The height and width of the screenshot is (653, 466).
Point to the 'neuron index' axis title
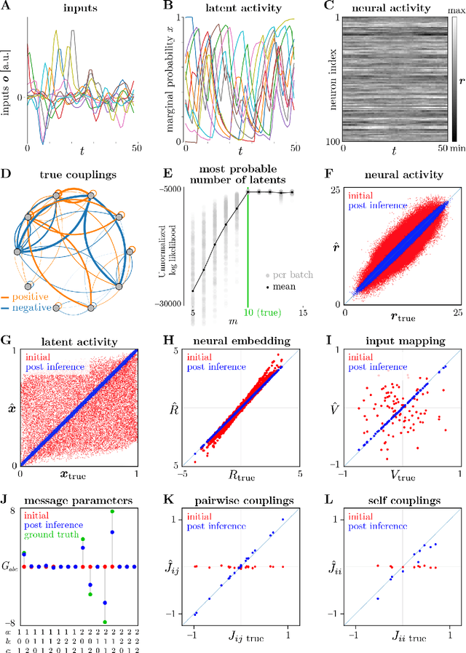(x=312, y=78)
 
